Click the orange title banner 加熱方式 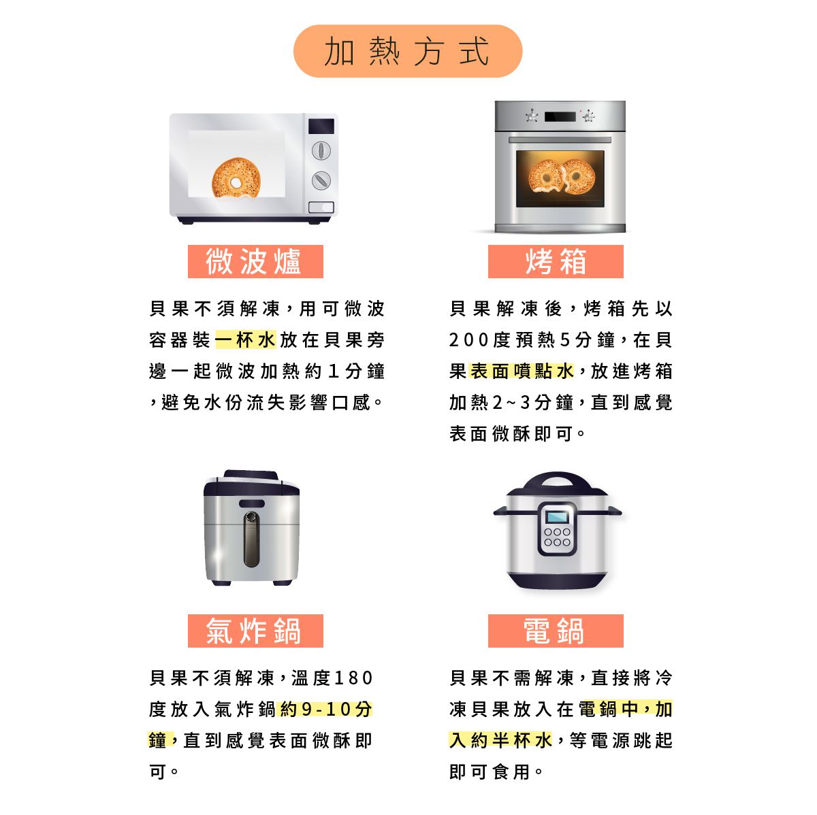click(x=407, y=51)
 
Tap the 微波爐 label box click(x=255, y=262)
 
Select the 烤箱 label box click(x=556, y=262)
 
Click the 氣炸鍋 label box click(x=255, y=631)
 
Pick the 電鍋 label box click(x=556, y=631)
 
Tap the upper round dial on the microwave click(x=321, y=151)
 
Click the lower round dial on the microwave click(x=321, y=180)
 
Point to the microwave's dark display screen click(x=321, y=126)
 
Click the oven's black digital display click(x=560, y=117)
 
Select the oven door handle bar click(x=560, y=140)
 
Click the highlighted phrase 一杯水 click(x=246, y=340)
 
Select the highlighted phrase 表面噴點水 click(x=523, y=371)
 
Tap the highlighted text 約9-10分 click(x=326, y=710)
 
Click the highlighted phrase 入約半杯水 click(x=500, y=741)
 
